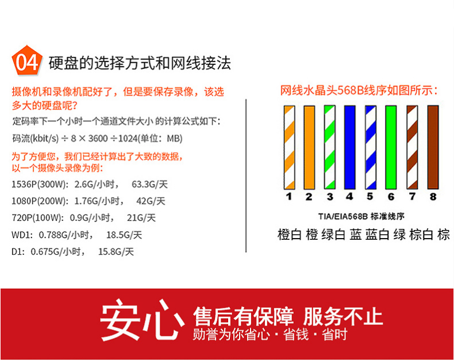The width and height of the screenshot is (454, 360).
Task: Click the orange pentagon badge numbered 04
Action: click(x=26, y=61)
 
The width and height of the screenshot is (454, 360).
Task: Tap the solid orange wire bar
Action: click(x=309, y=148)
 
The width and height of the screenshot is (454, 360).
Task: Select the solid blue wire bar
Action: click(x=350, y=148)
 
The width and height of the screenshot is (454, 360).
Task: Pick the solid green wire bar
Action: click(x=391, y=148)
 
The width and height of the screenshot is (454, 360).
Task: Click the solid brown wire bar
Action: click(x=433, y=148)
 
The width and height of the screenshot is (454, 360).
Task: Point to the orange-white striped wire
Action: click(x=289, y=148)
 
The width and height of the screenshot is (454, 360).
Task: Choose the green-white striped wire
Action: click(x=329, y=148)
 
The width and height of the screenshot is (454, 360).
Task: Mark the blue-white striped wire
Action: click(x=371, y=148)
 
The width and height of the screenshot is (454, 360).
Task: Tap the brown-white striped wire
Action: click(x=412, y=148)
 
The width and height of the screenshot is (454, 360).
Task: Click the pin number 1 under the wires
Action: click(x=288, y=197)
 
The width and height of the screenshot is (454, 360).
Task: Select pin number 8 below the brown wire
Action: click(x=433, y=197)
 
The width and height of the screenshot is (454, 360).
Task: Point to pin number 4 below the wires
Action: click(x=349, y=197)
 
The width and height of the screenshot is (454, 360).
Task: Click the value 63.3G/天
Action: click(x=149, y=185)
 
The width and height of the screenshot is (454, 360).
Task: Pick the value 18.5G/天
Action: click(x=124, y=235)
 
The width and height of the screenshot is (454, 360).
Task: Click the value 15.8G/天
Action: click(x=116, y=251)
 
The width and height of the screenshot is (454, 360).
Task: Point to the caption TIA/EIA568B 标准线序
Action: click(x=361, y=217)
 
